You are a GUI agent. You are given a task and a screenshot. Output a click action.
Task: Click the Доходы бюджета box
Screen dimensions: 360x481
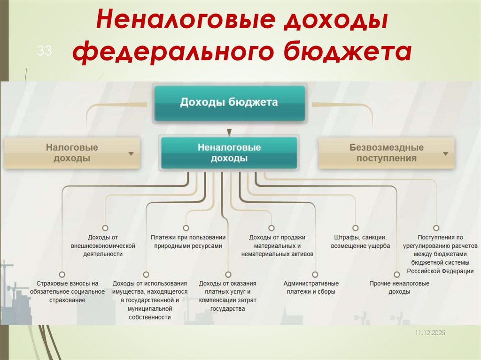point(229,102)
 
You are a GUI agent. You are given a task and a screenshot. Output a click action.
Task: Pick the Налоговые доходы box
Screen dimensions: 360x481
point(72,153)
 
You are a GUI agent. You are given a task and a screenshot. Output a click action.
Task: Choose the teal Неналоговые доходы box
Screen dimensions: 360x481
point(229,153)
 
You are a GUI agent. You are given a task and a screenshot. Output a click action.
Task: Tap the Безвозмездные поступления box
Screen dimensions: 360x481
point(386,153)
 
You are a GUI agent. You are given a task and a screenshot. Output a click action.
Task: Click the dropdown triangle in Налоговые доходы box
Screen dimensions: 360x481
point(131,153)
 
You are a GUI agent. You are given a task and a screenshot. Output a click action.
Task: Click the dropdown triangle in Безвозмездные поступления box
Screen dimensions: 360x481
point(445,153)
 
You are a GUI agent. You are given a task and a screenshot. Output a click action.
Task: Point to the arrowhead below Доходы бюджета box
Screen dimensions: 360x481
point(229,132)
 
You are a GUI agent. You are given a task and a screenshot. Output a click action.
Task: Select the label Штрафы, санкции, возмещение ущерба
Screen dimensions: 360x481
point(360,241)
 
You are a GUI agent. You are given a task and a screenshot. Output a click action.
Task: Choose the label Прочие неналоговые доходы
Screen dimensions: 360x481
point(399,287)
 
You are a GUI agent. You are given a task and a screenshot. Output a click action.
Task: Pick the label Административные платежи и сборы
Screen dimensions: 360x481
point(311,287)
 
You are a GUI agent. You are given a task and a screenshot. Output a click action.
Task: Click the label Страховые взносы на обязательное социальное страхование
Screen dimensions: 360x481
point(61,291)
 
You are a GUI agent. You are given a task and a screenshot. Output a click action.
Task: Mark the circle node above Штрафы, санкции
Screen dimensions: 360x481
point(356,228)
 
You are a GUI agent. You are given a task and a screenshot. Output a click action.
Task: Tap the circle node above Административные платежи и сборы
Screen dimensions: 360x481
point(314,274)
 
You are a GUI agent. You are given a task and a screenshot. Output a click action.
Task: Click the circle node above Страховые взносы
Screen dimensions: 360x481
point(61,274)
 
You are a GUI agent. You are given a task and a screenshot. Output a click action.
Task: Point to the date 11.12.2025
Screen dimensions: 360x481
point(429,332)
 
